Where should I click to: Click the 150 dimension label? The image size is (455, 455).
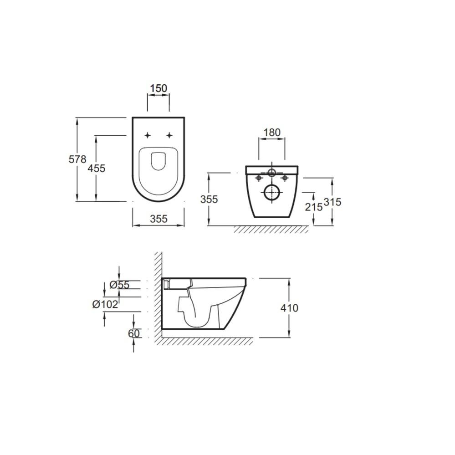[x=158, y=88]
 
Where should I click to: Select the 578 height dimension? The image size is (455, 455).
[x=77, y=159]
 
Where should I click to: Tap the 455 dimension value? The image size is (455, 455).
[x=96, y=168]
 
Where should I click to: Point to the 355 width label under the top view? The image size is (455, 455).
[x=158, y=219]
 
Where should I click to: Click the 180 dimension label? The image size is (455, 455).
[x=272, y=133]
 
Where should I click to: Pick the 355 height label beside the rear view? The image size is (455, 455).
[x=209, y=199]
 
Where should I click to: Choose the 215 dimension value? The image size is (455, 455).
[x=313, y=207]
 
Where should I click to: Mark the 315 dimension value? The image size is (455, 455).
[x=332, y=202]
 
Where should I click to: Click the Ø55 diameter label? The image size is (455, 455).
[x=120, y=285]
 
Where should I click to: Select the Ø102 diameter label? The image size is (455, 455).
[x=105, y=304]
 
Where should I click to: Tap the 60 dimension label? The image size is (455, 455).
[x=133, y=333]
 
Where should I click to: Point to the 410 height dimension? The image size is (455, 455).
[x=290, y=308]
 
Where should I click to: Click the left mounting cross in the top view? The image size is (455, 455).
[x=147, y=135]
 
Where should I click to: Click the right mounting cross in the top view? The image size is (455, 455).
[x=169, y=135]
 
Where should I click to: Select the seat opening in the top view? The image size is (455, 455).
[x=158, y=161]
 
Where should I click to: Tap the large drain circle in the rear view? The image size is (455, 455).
[x=272, y=193]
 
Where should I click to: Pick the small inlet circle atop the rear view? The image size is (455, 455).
[x=272, y=173]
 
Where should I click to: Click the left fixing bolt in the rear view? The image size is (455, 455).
[x=259, y=178]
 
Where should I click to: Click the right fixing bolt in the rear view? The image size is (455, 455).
[x=285, y=178]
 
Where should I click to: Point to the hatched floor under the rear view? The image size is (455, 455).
[x=271, y=229]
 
